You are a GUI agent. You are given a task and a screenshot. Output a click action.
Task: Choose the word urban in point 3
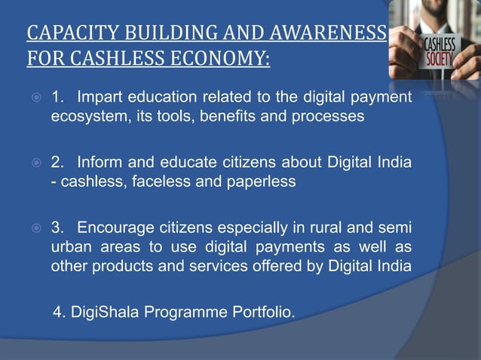pyautogui.click(x=71, y=248)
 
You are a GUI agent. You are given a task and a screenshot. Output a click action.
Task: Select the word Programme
pyautogui.click(x=188, y=312)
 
